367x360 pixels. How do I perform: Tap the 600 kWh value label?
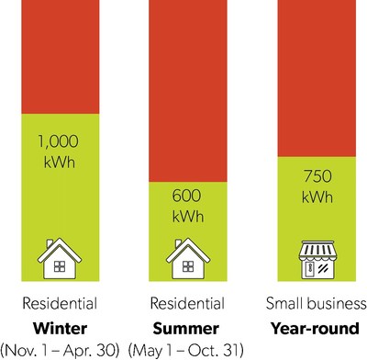(x=186, y=207)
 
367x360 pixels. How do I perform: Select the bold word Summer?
(x=186, y=327)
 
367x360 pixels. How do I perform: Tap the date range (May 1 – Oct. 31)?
(x=187, y=349)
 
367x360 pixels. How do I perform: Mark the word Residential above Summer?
(x=186, y=304)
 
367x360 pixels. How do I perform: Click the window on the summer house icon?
(x=186, y=267)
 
